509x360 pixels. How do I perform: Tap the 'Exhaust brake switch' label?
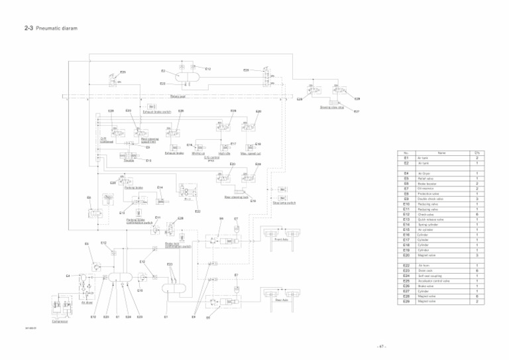point(158,112)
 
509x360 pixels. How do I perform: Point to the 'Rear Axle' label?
point(282,300)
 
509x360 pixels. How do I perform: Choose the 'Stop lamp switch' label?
point(283,203)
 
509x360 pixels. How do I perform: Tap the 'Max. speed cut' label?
point(254,154)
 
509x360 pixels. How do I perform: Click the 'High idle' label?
point(224,154)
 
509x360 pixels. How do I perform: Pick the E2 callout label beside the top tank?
point(163,70)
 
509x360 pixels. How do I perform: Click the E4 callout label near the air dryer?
point(69,275)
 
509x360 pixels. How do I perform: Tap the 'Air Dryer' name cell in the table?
point(425,173)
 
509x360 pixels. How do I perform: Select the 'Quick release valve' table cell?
point(430,219)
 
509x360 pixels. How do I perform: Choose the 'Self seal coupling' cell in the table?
point(429,275)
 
